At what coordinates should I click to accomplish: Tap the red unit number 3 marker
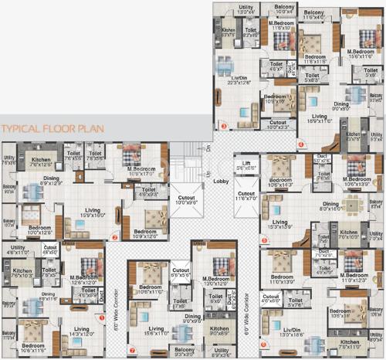click(225, 125)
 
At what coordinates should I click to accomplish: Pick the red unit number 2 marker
click(115, 237)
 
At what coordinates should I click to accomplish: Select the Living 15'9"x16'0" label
click(93, 212)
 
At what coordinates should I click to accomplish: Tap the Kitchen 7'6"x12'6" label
click(40, 161)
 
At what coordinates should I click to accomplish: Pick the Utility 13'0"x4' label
click(246, 11)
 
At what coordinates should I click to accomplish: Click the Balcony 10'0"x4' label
click(283, 11)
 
